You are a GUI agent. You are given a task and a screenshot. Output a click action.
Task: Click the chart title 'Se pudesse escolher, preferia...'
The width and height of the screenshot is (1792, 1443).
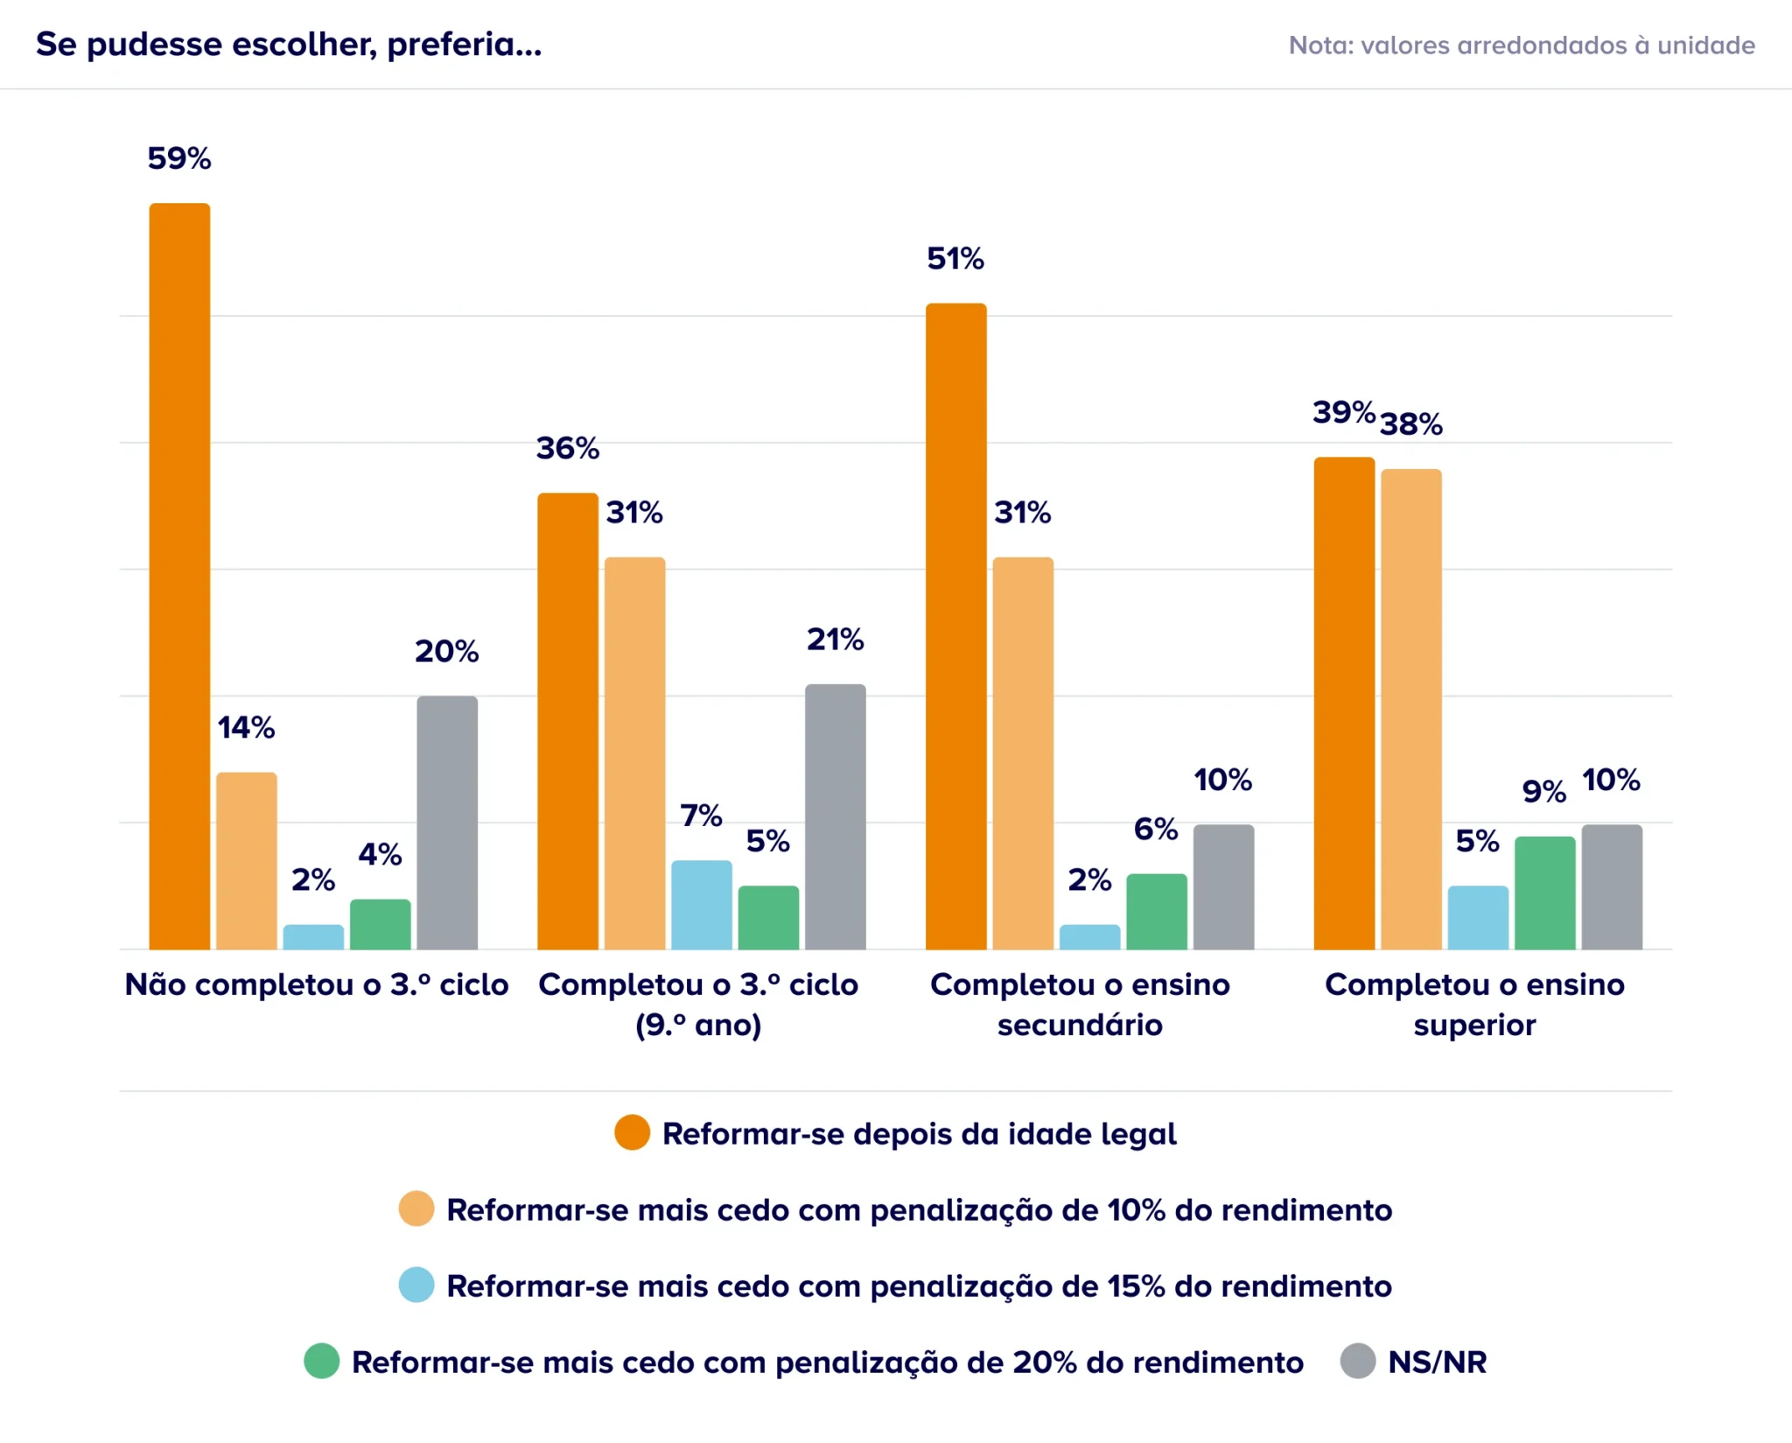pos(289,45)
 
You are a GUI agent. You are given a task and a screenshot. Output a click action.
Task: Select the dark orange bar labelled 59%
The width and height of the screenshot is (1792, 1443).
pos(179,577)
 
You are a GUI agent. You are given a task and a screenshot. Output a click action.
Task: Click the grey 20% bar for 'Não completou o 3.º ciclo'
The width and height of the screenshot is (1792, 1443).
pos(447,823)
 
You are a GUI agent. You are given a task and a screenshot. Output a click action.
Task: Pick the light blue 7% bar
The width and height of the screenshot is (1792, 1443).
pos(702,905)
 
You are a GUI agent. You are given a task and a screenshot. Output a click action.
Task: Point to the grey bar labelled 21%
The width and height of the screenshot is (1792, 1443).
pos(836,816)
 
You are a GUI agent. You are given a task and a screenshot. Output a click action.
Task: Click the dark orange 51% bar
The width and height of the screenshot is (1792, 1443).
pos(956,627)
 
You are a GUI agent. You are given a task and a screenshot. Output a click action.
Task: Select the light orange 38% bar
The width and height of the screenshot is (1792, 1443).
pos(1411,710)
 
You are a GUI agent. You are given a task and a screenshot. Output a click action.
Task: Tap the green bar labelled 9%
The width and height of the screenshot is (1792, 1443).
pos(1545,893)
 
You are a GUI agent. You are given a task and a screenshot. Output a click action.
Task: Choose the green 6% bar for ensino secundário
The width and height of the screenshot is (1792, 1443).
pos(1157,912)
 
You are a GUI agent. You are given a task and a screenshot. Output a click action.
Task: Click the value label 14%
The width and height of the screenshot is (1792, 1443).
pos(246,727)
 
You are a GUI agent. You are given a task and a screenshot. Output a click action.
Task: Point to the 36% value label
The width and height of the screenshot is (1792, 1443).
pos(568,448)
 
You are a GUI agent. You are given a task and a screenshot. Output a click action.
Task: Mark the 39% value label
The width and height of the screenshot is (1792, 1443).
pos(1344,411)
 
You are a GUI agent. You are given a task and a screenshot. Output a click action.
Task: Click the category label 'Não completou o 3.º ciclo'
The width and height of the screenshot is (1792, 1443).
pos(317,984)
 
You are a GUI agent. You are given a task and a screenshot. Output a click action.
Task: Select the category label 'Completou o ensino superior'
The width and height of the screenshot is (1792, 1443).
pos(1474,1005)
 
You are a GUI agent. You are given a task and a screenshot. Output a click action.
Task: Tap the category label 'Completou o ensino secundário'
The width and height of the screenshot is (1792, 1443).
pos(1080,1005)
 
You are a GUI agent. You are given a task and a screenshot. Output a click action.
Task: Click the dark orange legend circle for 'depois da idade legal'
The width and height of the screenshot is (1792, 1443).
pos(632,1132)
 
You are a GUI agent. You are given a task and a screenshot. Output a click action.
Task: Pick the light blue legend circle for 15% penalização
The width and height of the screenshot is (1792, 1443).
pos(416,1285)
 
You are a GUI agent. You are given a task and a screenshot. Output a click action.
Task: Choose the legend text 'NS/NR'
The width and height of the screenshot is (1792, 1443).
pos(1438,1362)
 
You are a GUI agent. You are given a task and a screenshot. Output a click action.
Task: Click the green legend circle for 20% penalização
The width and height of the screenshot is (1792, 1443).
pos(321,1361)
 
